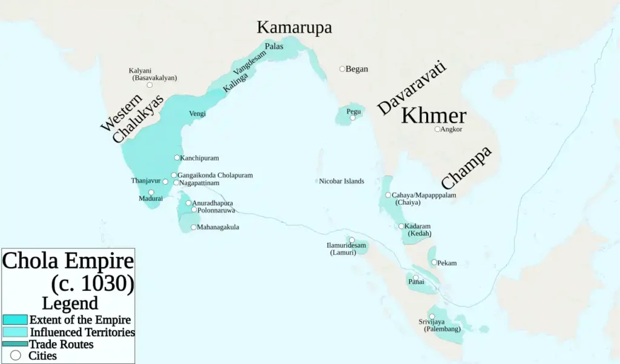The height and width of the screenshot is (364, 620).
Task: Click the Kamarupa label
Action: point(294,27)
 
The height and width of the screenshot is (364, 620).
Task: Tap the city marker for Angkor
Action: point(437,129)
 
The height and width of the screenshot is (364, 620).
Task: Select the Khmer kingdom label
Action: point(434,115)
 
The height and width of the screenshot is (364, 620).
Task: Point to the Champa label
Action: point(466,168)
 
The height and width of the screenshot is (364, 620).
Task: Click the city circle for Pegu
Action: point(353,117)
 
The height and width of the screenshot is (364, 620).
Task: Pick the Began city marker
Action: point(342,69)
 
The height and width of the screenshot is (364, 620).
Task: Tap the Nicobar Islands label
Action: point(341,181)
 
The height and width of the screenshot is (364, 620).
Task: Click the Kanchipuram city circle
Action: point(177,157)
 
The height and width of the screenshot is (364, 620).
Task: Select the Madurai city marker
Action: point(151,192)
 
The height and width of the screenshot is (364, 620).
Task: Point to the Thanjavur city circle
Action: point(165,181)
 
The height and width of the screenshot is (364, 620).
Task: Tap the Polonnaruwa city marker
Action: point(194,210)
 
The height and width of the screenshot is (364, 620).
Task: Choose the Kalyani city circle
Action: point(150,85)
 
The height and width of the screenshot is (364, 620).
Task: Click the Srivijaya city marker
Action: point(432,316)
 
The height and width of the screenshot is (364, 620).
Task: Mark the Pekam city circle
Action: point(434,262)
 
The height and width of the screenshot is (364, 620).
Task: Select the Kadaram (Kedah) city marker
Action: point(401,226)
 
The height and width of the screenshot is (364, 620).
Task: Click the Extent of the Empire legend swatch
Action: point(15,320)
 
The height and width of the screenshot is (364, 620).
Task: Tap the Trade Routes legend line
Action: point(15,344)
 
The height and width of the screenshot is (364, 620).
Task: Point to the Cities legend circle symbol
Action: point(16,356)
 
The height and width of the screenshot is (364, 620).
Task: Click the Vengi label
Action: point(197,113)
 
